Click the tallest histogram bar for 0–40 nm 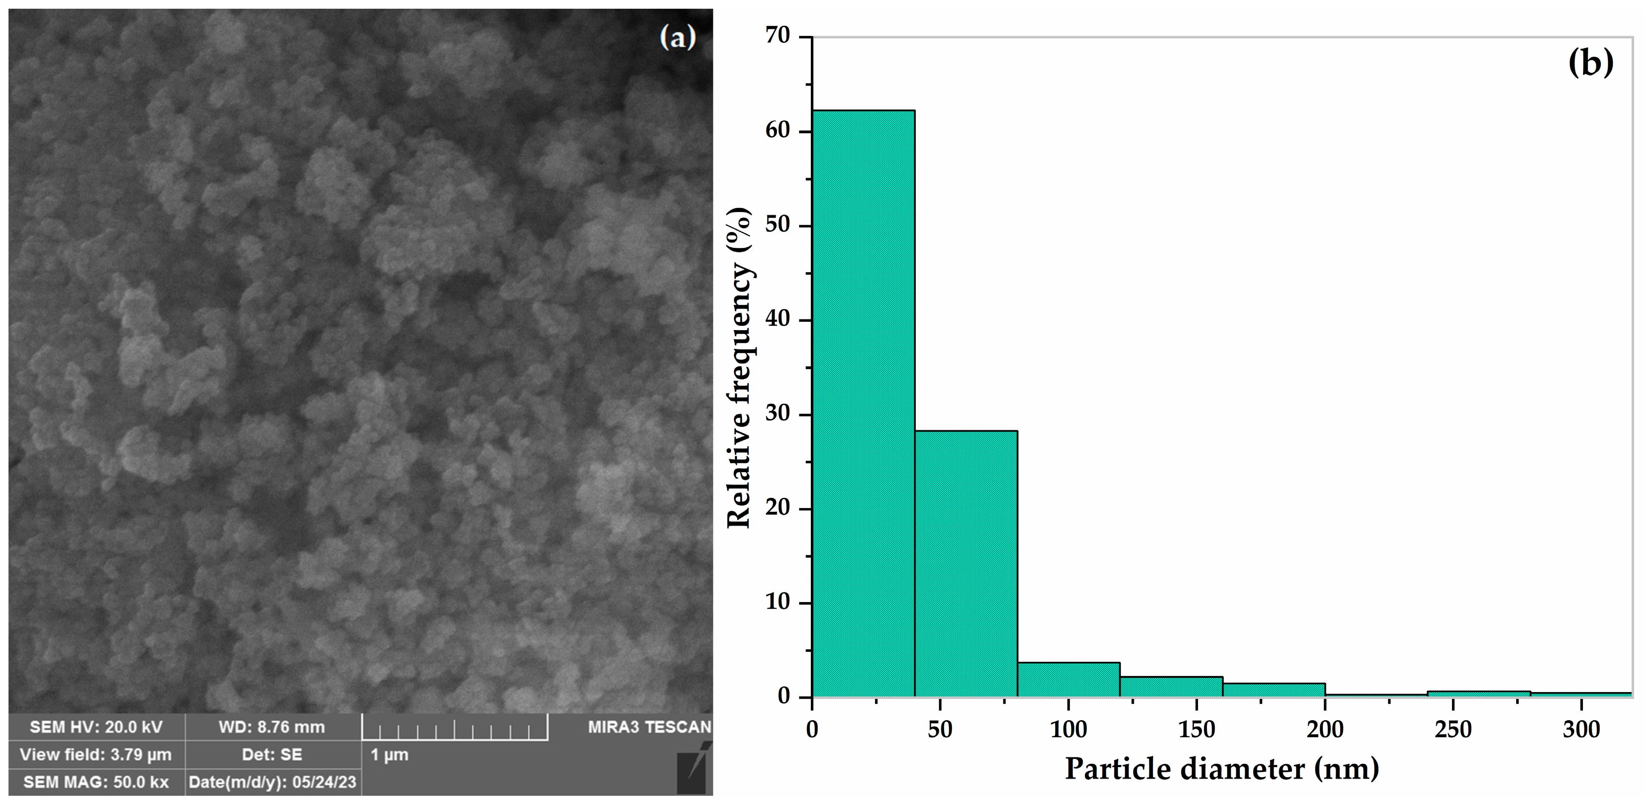pos(863,402)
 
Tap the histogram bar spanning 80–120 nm pos(1068,679)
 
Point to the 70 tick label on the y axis pos(778,36)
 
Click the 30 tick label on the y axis pos(778,414)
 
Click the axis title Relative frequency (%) pos(740,367)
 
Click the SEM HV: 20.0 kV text pos(96,727)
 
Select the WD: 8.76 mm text pos(272,727)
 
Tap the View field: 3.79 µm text pos(96,755)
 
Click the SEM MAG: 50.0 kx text pos(96,783)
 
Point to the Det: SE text pos(272,755)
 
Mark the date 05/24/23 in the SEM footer pos(324,783)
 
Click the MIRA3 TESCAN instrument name pos(649,727)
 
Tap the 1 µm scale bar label pos(389,755)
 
